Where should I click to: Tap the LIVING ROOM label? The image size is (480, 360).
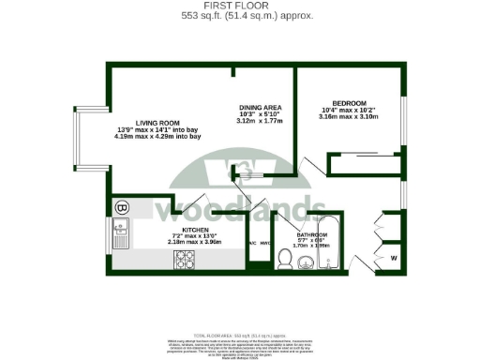click(x=157, y=122)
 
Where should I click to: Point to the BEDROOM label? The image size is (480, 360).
click(x=349, y=102)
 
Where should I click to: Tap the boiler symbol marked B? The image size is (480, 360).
click(x=121, y=208)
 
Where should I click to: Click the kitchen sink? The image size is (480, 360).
click(x=119, y=235)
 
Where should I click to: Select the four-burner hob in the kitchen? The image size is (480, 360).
click(x=183, y=260)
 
